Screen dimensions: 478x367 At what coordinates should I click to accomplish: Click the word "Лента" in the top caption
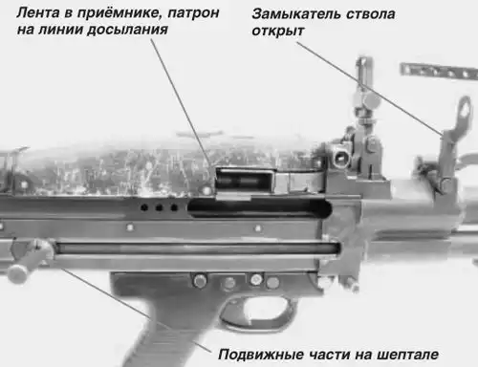pos(38,13)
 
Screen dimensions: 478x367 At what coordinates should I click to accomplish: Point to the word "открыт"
pos(278,32)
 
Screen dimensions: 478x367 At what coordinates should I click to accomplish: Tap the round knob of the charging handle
pos(16,273)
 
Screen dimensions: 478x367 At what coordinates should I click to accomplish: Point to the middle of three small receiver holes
pos(159,208)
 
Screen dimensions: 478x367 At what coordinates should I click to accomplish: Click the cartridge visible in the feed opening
pos(243,182)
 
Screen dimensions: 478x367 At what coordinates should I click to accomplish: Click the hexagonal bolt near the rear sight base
pos(341,156)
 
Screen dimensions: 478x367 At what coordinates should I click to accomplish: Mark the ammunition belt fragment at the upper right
pos(439,72)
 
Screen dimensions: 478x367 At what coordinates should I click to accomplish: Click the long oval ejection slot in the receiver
pos(260,208)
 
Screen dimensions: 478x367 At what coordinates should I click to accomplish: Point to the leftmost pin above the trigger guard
pos(200,281)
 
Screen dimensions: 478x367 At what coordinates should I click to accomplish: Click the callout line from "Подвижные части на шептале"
pos(137,310)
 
